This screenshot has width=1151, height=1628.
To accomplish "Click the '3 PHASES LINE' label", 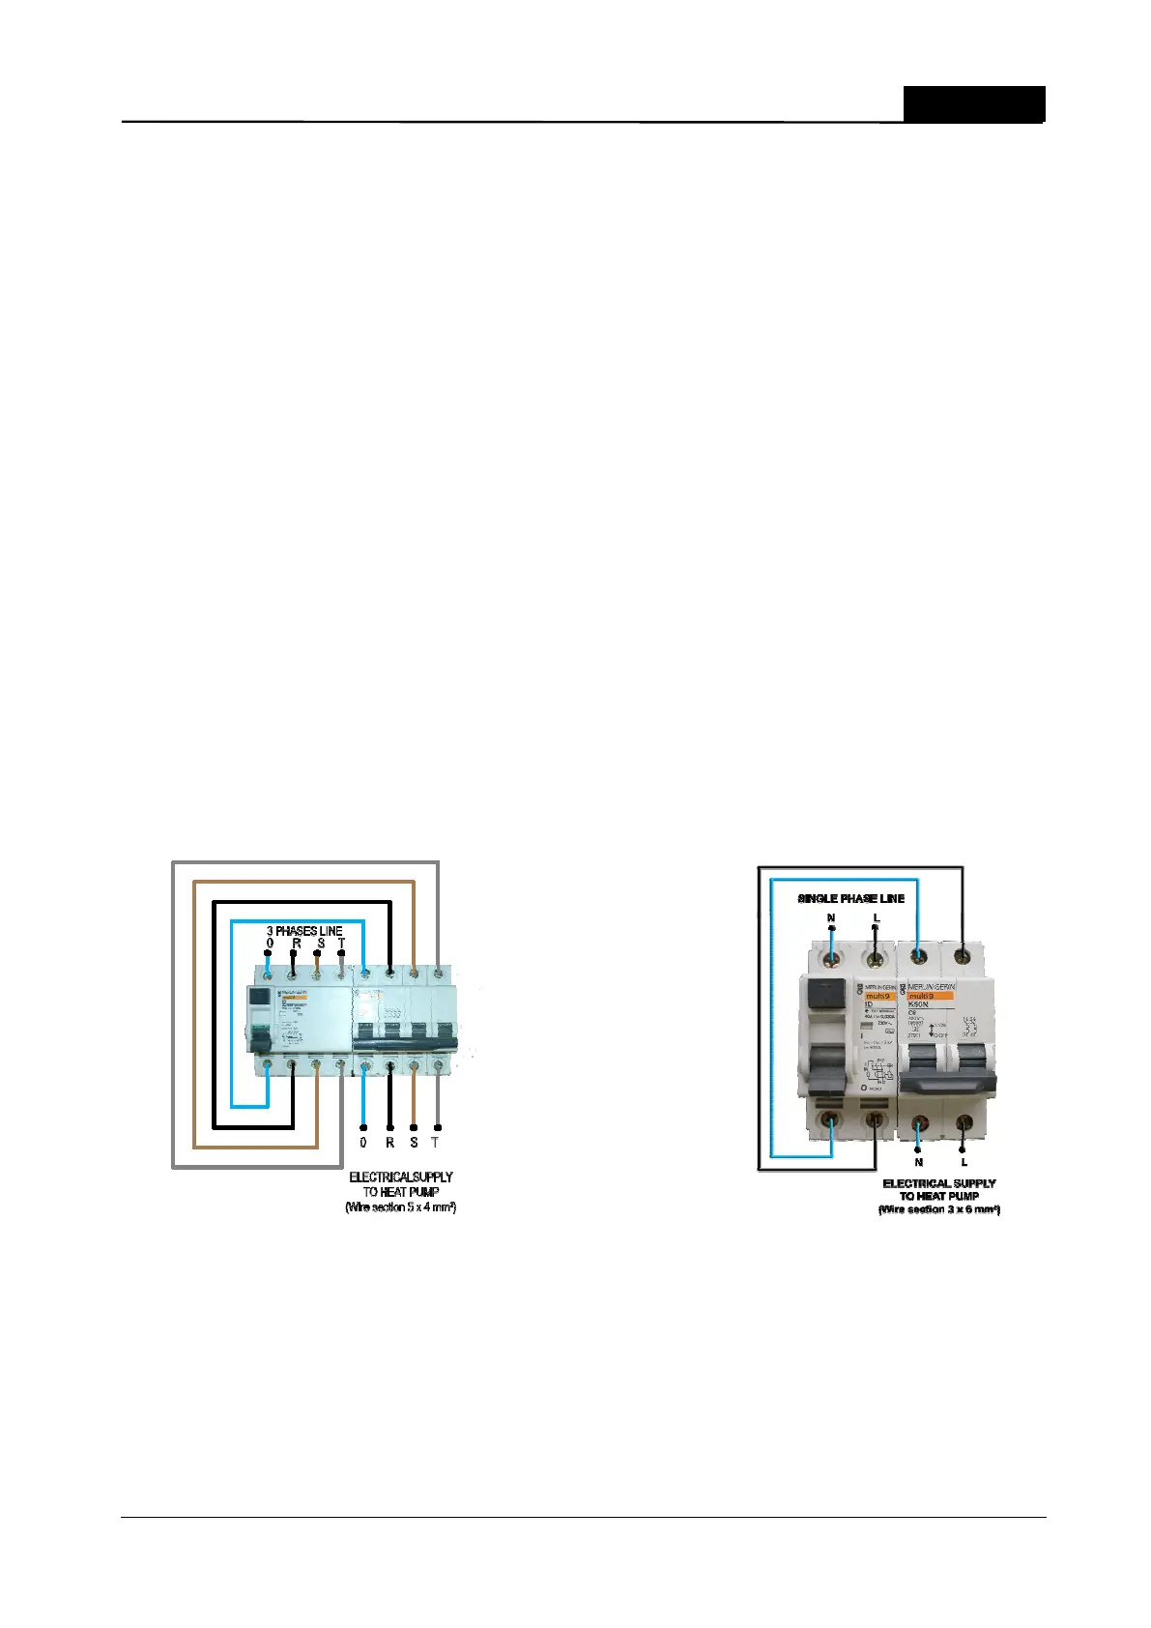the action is coord(304,931).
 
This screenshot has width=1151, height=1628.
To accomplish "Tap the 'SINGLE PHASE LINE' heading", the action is coord(850,898).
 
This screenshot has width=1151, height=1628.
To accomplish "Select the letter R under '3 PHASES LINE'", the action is coord(296,943).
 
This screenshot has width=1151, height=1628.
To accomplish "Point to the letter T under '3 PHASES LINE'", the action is coord(341,943).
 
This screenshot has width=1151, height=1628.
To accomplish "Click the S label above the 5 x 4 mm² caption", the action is coord(414,1142).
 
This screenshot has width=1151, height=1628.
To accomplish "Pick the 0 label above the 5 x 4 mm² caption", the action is coord(363,1142).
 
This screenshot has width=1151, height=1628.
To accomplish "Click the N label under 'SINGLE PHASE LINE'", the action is coord(831,917).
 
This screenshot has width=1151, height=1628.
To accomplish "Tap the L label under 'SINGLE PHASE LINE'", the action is coord(877,917).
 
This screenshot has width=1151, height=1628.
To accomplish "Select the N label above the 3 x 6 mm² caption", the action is coord(918,1162).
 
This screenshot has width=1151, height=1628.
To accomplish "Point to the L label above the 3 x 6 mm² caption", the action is coord(964,1162).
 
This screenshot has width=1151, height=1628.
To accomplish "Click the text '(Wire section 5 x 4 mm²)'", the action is coord(400,1207).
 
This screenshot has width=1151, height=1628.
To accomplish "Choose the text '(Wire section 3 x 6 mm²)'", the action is coord(938,1209).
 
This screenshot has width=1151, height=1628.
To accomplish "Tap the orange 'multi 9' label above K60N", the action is coord(932,995).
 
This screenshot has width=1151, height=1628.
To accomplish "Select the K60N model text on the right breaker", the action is coord(919,1004).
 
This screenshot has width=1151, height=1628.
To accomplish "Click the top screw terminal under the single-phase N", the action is coord(830,959).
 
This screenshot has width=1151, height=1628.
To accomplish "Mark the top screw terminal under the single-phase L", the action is coord(875,959).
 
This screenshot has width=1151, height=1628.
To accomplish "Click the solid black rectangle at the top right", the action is coord(974,103).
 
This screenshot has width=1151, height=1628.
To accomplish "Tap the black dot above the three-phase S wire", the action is coord(317,953).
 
